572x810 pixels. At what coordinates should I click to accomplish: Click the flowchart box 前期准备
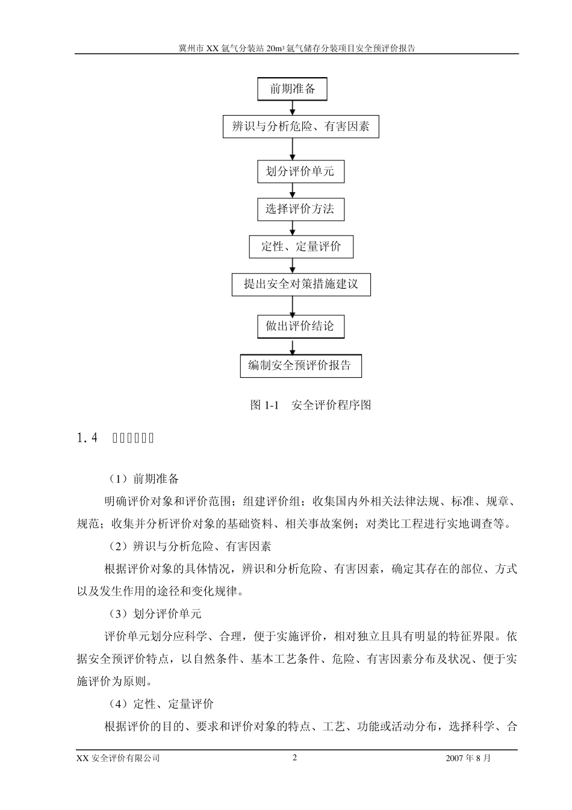(x=292, y=89)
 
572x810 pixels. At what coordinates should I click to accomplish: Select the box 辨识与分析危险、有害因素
(x=300, y=127)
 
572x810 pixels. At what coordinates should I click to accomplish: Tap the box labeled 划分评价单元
(x=300, y=172)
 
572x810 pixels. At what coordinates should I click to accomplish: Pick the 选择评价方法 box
(x=300, y=209)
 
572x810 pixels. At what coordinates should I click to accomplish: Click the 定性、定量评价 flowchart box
(x=301, y=246)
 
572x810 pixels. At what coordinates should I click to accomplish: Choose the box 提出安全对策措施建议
(x=301, y=284)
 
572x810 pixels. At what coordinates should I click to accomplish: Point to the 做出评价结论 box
(x=300, y=327)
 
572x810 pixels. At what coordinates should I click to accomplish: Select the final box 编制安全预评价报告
(x=300, y=366)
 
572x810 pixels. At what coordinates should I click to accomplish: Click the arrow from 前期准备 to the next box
(x=293, y=107)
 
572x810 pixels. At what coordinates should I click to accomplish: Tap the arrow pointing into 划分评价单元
(x=293, y=149)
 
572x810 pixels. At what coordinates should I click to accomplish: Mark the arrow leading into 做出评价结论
(x=293, y=306)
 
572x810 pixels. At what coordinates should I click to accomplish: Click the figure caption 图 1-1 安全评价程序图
(x=310, y=405)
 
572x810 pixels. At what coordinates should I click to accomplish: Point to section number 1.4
(x=87, y=438)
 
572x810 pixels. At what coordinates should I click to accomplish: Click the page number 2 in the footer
(x=294, y=758)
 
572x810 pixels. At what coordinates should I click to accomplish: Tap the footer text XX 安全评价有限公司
(x=119, y=758)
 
